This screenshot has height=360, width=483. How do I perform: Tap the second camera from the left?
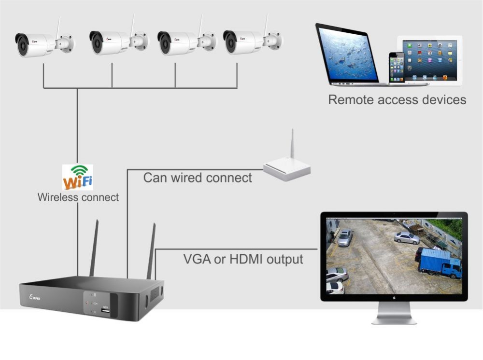[116, 42]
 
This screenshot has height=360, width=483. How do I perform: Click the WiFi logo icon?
[78, 178]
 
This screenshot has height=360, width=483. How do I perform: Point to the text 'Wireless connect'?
[78, 197]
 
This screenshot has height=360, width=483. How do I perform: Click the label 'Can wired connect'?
[198, 178]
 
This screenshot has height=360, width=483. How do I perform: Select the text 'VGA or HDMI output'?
[243, 259]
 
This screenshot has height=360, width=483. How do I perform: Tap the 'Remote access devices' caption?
[397, 100]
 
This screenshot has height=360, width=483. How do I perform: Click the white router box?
[287, 169]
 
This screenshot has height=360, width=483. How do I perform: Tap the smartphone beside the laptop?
[397, 68]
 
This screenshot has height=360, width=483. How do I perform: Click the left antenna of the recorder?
[94, 248]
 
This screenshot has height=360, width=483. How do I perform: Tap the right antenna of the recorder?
[152, 251]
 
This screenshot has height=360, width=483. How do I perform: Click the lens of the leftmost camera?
[22, 45]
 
